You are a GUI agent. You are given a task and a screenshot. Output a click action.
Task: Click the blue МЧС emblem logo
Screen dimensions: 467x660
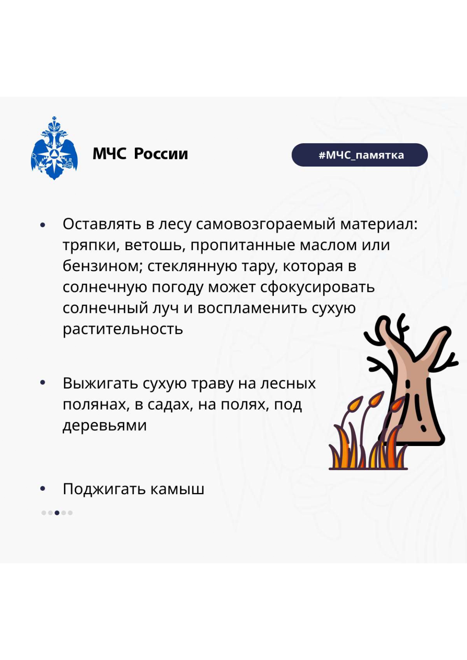[54, 148]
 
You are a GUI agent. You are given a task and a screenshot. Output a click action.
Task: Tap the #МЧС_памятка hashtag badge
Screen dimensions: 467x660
[360, 155]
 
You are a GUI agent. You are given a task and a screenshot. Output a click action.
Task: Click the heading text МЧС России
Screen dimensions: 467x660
[140, 154]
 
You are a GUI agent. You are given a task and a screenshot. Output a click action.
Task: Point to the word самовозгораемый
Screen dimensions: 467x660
[266, 225]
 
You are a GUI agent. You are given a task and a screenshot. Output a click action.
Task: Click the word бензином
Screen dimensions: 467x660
[103, 266]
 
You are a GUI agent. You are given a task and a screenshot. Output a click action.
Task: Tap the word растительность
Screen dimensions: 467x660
[123, 329]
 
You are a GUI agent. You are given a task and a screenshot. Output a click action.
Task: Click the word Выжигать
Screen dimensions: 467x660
[101, 384]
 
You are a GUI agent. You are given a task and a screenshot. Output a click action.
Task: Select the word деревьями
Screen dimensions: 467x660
[105, 425]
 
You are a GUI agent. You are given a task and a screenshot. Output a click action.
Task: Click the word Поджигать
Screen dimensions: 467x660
[104, 489]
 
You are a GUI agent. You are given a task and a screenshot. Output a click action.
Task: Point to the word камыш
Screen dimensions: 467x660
[177, 489]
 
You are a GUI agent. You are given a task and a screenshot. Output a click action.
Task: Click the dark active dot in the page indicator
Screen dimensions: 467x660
[57, 513]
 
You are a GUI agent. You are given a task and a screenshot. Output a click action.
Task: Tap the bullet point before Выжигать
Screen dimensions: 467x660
[43, 383]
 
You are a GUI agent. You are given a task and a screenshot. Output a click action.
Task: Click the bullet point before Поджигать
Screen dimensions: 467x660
[43, 489]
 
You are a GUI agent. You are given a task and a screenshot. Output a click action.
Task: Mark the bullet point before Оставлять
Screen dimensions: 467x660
[43, 225]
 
